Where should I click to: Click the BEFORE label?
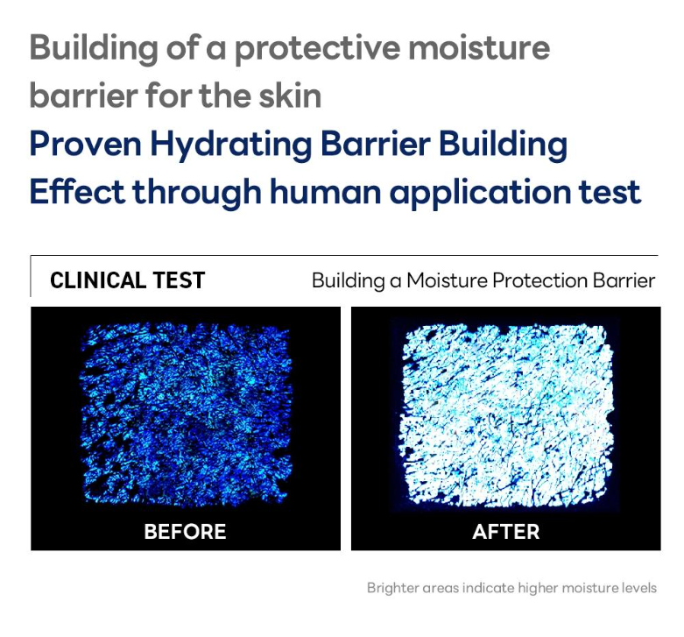click(x=185, y=531)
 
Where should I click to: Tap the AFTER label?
click(x=506, y=531)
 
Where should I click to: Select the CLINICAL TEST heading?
click(x=127, y=280)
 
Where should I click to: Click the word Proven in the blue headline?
click(x=86, y=144)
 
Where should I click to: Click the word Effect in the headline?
click(x=77, y=191)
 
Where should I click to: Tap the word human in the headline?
click(x=326, y=191)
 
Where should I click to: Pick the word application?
click(x=480, y=193)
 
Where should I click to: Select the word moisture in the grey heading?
click(x=479, y=48)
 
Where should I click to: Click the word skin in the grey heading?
click(x=290, y=96)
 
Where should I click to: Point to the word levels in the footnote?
click(x=639, y=588)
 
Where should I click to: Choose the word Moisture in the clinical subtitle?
click(x=448, y=280)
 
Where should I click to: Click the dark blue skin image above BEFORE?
click(x=186, y=414)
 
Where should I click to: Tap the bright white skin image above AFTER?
click(x=506, y=415)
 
